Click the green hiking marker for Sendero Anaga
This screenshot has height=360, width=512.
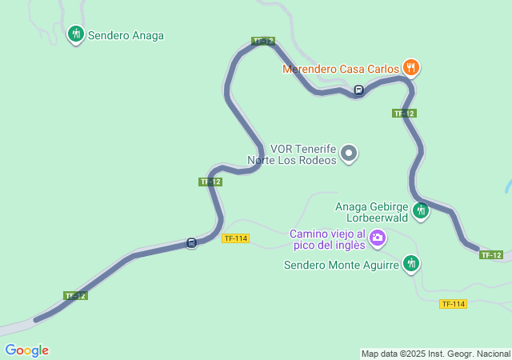[x=76, y=34]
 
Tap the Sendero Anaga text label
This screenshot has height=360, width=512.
[x=126, y=35]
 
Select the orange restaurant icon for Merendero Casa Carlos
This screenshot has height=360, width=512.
[x=410, y=66]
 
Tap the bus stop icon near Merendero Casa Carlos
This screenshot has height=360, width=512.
[x=359, y=90]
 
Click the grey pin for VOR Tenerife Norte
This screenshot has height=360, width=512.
[x=349, y=153]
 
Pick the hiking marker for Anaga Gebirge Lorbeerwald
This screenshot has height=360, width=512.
[x=421, y=210]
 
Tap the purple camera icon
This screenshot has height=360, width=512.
[x=377, y=237]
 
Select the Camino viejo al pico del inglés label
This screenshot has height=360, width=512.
[x=327, y=238]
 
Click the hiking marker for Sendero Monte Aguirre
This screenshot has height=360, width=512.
[x=411, y=262]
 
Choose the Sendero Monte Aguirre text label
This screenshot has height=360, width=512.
[x=342, y=265]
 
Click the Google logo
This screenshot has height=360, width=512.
[x=27, y=350]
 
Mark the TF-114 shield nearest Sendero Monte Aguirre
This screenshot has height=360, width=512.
[x=453, y=304]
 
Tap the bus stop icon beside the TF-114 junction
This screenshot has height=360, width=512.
[x=191, y=242]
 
